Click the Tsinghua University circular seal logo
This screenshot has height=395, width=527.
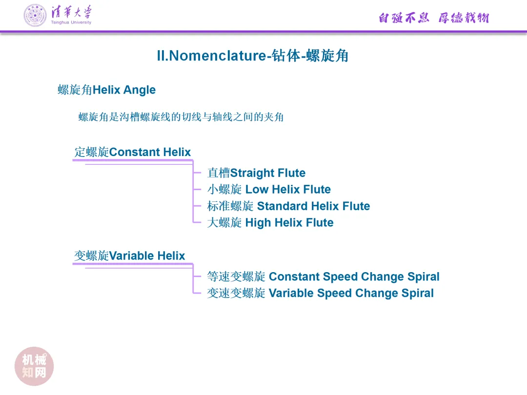pyautogui.click(x=35, y=15)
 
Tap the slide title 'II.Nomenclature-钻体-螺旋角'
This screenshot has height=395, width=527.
pyautogui.click(x=252, y=56)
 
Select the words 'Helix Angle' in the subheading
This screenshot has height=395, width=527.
pyautogui.click(x=124, y=90)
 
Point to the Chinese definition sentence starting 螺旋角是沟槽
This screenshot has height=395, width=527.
pyautogui.click(x=181, y=117)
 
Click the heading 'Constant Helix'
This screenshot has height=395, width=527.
pyautogui.click(x=150, y=152)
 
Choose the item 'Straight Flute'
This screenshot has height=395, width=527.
pyautogui.click(x=268, y=173)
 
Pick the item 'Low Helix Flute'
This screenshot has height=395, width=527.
pyautogui.click(x=288, y=190)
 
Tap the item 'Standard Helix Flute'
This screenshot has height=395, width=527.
pyautogui.click(x=313, y=206)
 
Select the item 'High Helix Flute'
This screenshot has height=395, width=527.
pyautogui.click(x=289, y=223)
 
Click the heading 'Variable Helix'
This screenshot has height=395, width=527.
pyautogui.click(x=147, y=256)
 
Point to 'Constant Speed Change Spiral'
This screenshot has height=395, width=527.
pyautogui.click(x=354, y=277)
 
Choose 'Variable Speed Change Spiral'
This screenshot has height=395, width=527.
pyautogui.click(x=351, y=294)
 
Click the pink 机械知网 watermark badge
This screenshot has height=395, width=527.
pyautogui.click(x=34, y=366)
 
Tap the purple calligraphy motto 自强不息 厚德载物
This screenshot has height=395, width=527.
pyautogui.click(x=433, y=18)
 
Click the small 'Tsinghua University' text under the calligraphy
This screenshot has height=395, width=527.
pyautogui.click(x=71, y=22)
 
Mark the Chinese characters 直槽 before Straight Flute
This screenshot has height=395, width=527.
pyautogui.click(x=218, y=173)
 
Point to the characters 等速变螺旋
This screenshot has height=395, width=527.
pyautogui.click(x=236, y=277)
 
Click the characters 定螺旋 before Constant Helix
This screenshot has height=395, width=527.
pyautogui.click(x=91, y=152)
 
